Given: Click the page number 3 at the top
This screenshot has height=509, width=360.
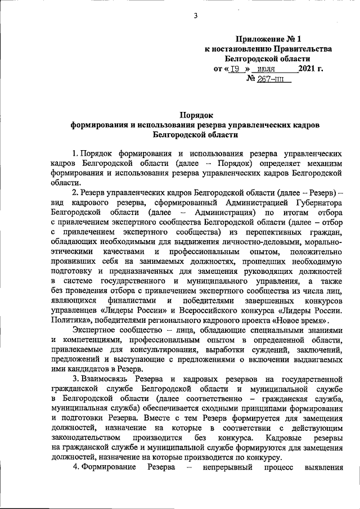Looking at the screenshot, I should [x=196, y=15].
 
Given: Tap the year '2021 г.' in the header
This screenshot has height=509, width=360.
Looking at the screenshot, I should [x=311, y=69].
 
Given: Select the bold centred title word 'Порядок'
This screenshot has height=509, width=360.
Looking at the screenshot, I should [x=195, y=114].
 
